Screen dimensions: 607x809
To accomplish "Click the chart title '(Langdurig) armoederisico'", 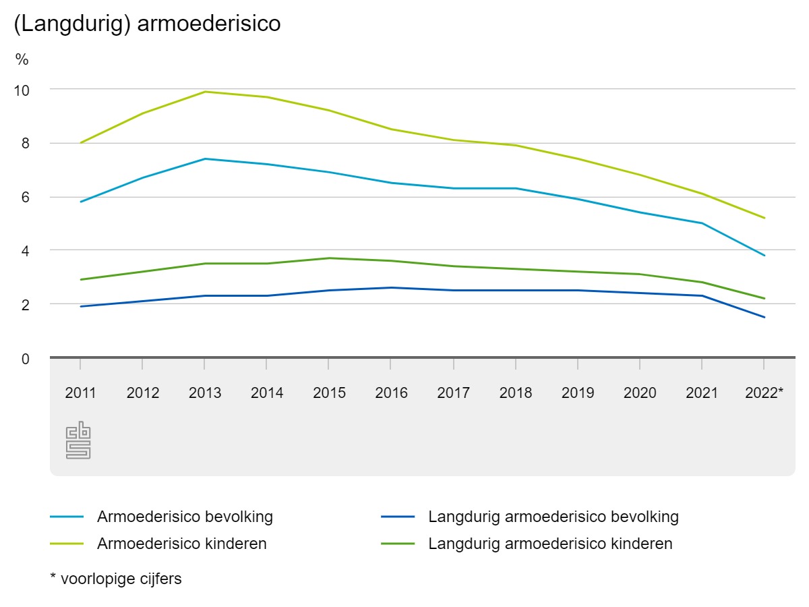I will (146, 24).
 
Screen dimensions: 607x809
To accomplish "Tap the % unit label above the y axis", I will (22, 60).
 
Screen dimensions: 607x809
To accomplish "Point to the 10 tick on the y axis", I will (22, 90).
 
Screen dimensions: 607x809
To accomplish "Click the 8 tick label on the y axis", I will (26, 144).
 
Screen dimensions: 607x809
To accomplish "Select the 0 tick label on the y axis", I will (26, 359).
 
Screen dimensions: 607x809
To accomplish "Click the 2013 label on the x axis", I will (205, 393).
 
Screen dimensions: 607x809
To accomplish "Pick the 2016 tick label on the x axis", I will (391, 393).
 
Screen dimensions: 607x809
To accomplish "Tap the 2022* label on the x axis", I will (764, 393).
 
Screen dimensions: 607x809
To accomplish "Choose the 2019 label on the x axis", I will (578, 393).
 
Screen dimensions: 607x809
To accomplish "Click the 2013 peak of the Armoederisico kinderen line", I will (205, 92).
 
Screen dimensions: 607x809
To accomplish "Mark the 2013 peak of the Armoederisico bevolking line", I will (205, 159).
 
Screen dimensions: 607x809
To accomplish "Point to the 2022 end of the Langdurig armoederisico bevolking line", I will (764, 317).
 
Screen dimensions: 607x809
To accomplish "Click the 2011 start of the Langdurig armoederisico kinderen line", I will (80, 279).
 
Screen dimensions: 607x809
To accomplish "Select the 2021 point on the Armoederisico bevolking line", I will (702, 223).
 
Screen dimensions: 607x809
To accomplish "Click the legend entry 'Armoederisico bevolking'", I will (185, 517).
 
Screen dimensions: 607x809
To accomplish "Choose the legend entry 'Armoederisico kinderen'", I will (182, 544).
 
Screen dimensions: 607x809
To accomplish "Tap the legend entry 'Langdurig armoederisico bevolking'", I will (553, 517).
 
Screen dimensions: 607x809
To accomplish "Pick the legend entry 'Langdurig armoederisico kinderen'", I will (550, 544).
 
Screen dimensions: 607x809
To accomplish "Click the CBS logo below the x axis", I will (78, 440).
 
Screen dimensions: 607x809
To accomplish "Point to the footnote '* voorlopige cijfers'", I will (116, 579).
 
